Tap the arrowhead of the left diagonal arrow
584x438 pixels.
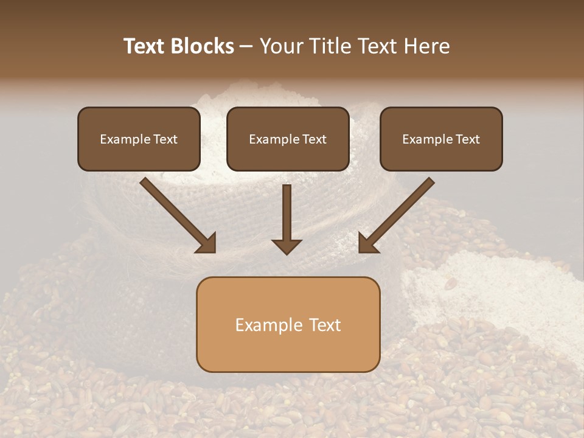(206, 243)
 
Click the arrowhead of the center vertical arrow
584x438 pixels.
(287, 246)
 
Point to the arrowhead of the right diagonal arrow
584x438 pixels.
(368, 243)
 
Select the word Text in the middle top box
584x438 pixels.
(314, 139)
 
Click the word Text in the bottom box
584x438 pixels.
(325, 325)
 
